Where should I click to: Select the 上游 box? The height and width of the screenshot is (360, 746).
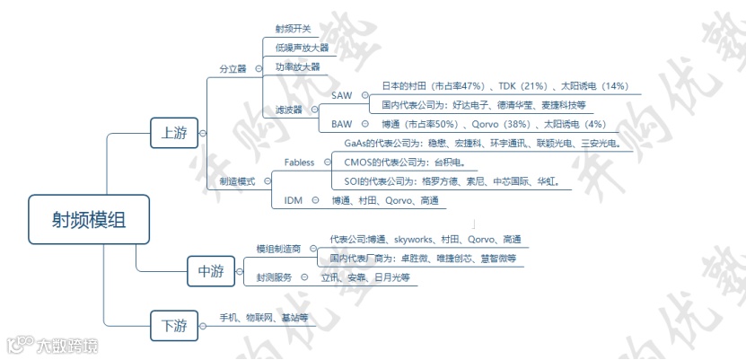(174, 133)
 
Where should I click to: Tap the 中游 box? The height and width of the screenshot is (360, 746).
(211, 270)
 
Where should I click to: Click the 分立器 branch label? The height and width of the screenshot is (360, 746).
(233, 68)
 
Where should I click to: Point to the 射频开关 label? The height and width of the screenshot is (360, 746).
(293, 29)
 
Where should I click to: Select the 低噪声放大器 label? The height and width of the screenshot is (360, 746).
(302, 48)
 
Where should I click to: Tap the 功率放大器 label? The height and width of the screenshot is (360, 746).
(297, 66)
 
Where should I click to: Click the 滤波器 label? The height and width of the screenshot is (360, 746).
(289, 110)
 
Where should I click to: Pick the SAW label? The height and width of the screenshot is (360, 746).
(342, 94)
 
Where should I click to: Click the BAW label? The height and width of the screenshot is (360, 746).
(341, 123)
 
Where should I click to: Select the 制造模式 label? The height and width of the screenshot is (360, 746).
(237, 180)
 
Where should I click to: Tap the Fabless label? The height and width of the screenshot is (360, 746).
(299, 162)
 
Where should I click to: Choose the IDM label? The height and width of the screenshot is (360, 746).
(294, 200)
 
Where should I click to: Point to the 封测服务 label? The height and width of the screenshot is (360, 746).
(274, 277)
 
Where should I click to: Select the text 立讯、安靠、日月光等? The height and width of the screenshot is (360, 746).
(365, 278)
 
